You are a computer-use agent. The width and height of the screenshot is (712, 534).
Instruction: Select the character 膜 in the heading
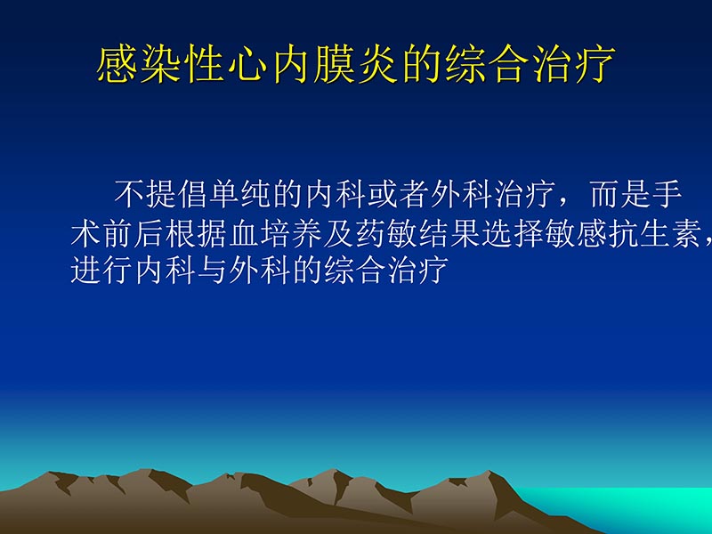pos(335,67)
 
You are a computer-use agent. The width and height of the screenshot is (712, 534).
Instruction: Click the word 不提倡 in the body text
pos(161,194)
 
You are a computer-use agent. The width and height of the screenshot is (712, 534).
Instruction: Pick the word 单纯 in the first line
pos(240,194)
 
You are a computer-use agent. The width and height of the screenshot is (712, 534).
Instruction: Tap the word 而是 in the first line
pos(620,194)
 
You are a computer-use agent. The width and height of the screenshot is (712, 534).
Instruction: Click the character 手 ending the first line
pos(667,194)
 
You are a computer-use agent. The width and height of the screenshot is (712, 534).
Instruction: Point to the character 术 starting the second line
pos(85,233)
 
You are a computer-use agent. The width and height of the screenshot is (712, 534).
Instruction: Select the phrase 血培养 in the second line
pos(275,233)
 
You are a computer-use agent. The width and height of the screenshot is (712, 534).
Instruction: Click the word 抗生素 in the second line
pos(654,233)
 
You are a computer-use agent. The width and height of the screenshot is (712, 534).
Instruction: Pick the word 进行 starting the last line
pos(101,270)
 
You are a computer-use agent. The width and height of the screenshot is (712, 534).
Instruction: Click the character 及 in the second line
pos(338,233)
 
